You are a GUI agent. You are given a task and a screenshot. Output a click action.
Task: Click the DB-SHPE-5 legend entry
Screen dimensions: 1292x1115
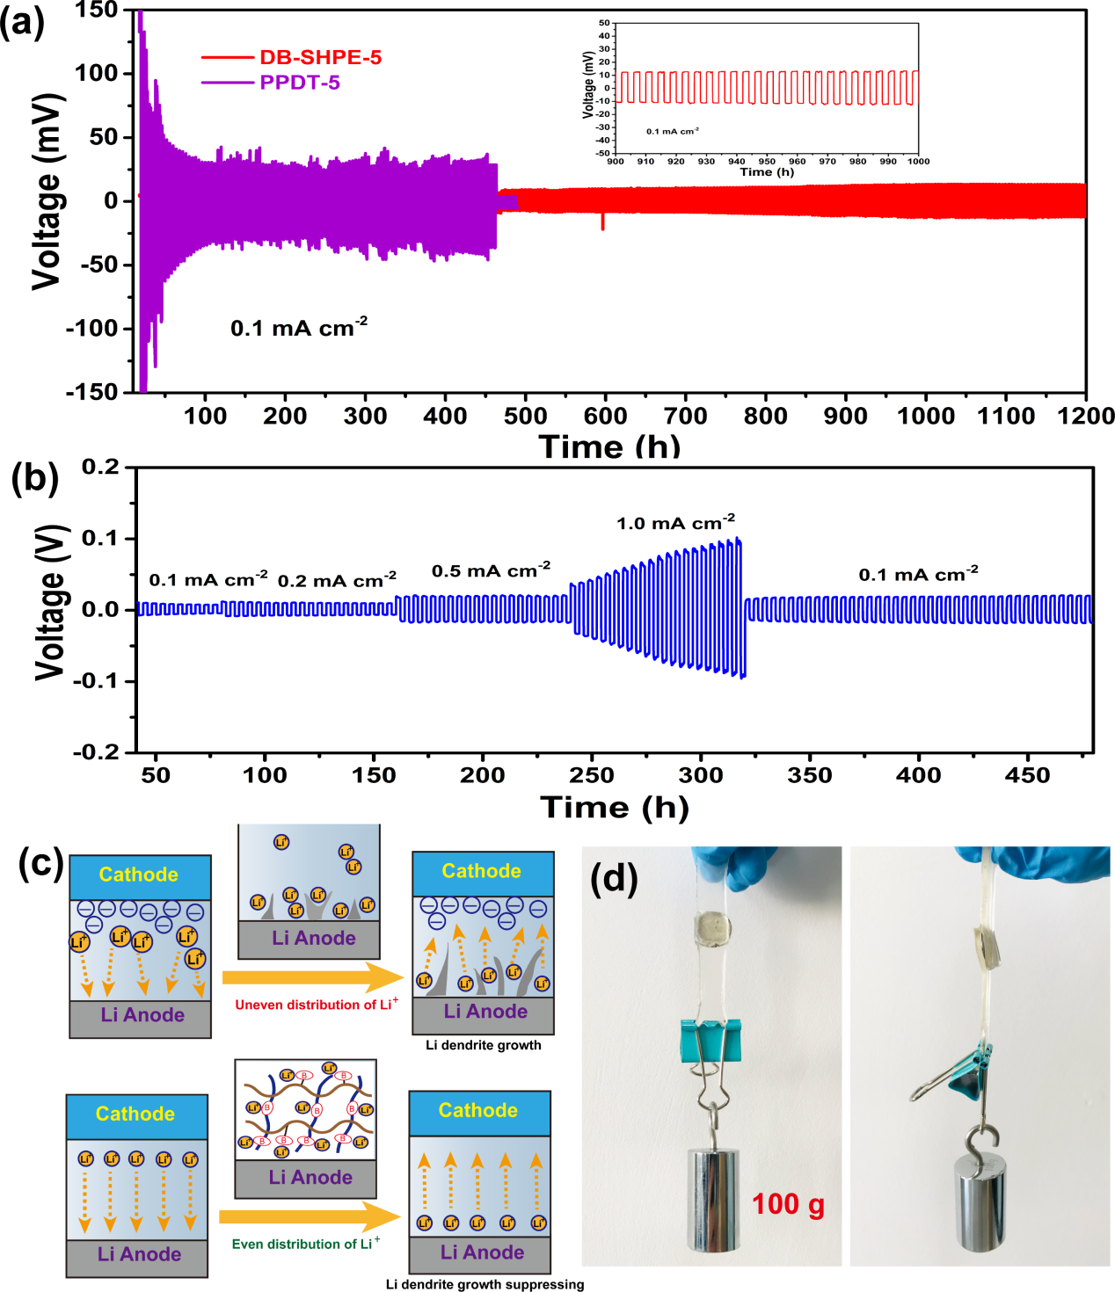[320, 58]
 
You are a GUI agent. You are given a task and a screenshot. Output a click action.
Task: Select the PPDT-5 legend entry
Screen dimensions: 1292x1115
[299, 83]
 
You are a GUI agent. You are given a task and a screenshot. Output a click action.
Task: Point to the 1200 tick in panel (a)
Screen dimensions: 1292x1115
[1086, 416]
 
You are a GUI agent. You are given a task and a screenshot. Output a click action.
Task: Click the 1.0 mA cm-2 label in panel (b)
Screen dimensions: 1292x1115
[675, 523]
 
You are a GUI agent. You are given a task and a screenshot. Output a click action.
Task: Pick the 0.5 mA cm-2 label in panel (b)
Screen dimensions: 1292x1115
[491, 570]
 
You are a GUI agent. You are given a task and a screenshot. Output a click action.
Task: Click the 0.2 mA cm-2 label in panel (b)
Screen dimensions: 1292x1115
[337, 580]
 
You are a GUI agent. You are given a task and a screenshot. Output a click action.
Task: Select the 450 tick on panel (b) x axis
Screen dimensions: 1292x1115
[1028, 775]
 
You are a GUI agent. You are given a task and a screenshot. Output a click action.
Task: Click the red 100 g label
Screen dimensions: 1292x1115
[788, 1204]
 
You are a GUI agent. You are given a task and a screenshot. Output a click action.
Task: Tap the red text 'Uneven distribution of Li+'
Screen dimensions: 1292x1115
[316, 1004]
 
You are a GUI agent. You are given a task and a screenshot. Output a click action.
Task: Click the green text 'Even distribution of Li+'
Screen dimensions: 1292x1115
[305, 1244]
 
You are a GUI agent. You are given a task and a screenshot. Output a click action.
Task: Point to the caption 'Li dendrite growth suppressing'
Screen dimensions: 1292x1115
[485, 1284]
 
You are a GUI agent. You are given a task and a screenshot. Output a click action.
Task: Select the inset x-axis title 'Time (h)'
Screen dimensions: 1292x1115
[767, 172]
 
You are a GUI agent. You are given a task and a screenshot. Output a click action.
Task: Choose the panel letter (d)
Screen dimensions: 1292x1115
[614, 876]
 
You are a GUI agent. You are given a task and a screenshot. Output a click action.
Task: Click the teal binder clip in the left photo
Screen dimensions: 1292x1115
[711, 1041]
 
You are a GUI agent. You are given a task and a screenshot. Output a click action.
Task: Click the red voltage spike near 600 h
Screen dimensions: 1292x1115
[602, 221]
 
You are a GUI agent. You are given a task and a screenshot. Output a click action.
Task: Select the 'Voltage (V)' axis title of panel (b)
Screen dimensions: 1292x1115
[49, 602]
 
